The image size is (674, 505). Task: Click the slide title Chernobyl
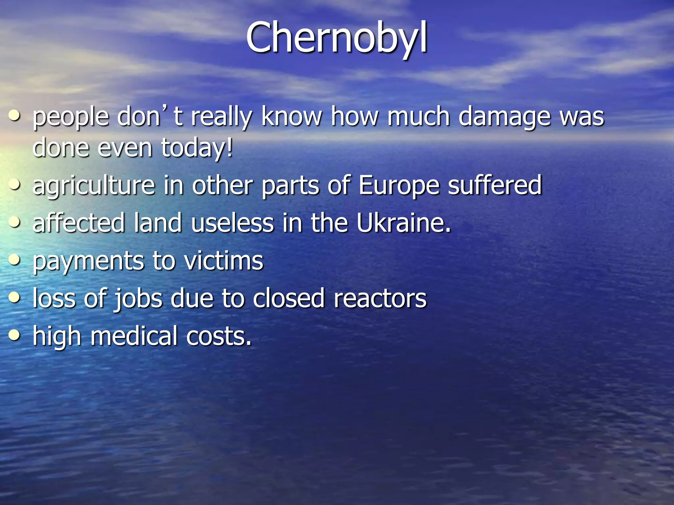336,38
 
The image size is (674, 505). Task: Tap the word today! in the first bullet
197,148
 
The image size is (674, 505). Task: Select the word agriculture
94,186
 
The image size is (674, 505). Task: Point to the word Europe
399,186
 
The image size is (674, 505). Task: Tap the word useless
232,223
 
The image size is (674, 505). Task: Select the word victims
223,261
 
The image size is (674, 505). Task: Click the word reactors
380,299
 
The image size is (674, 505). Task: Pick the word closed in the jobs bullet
289,299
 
